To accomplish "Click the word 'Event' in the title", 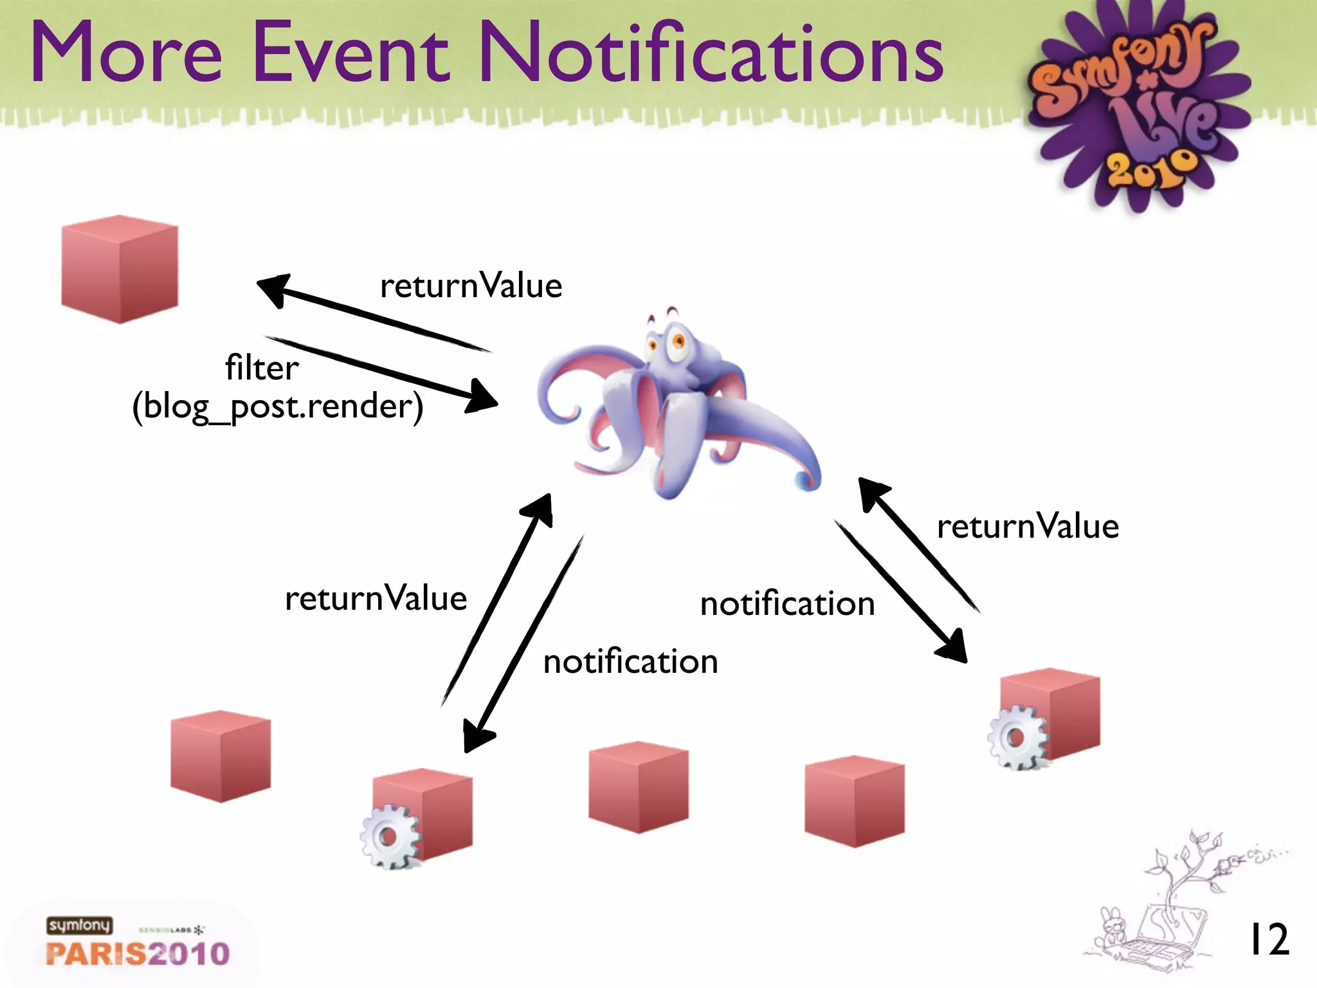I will pos(351,53).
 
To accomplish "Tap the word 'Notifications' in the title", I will pos(711,53).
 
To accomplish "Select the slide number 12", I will pos(1268,940).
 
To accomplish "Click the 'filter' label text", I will pos(262,369).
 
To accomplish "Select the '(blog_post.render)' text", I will pos(278,407).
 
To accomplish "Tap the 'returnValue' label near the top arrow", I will pos(471,286).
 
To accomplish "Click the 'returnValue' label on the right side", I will pos(1028,527).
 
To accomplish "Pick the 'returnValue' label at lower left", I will pos(376,599).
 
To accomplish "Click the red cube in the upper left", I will pos(120,269).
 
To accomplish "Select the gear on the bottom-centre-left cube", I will pos(389,837).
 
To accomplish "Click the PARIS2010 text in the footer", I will pos(138,953).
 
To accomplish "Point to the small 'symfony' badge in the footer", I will pos(79,925).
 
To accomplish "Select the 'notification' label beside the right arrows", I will pos(787,605).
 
